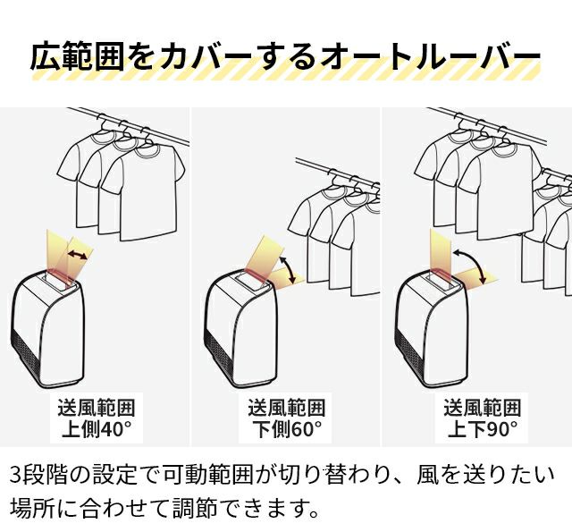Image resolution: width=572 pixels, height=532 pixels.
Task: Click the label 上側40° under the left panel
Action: click(97, 429)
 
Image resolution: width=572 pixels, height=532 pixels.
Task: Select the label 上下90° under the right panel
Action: click(483, 429)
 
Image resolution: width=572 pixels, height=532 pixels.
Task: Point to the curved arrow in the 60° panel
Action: click(290, 269)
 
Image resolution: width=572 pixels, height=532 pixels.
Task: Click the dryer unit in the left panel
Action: click(46, 329)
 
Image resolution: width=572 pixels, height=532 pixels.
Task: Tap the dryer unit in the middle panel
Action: click(239, 329)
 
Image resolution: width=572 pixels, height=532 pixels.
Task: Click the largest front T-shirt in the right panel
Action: click(500, 191)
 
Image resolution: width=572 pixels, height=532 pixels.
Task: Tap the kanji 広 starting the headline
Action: click(46, 56)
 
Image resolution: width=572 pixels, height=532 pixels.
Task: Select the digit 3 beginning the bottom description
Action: click(16, 474)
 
